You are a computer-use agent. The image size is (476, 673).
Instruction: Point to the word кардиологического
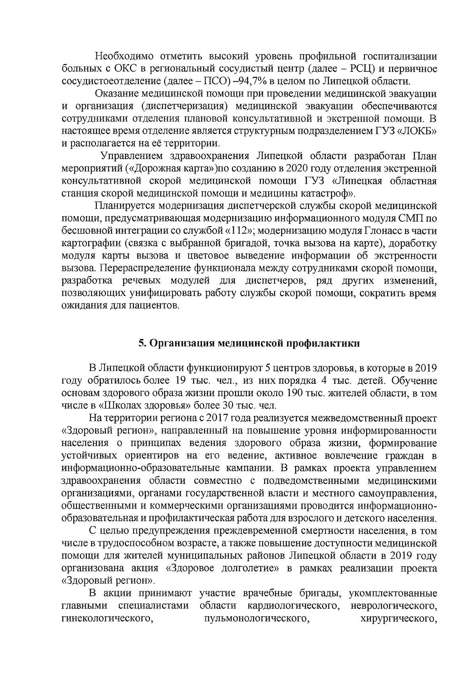pos(295,617)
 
